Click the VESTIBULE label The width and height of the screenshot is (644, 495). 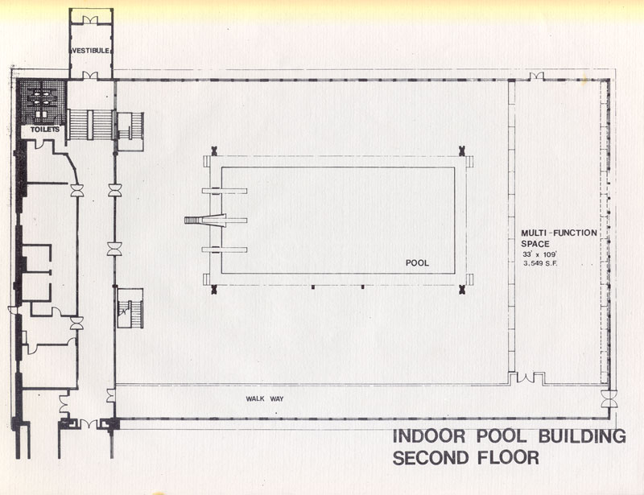click(91, 51)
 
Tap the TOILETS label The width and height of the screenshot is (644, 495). click(45, 130)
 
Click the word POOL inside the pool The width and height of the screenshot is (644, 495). click(417, 263)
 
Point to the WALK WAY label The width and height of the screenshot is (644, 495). click(265, 399)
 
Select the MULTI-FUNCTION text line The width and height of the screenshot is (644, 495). click(559, 233)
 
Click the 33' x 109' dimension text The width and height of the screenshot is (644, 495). click(539, 254)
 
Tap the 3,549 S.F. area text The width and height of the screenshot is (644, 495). click(540, 263)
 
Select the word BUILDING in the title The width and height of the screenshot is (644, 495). click(582, 436)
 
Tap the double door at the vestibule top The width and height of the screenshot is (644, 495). click(90, 19)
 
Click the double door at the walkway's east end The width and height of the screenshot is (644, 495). click(609, 399)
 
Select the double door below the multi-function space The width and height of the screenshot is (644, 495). click(526, 378)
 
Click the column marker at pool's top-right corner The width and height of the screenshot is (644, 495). click(461, 150)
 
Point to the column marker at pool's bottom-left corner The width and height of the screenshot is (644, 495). click(213, 290)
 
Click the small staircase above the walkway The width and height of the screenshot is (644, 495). click(130, 308)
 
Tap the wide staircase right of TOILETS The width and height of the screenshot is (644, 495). click(90, 125)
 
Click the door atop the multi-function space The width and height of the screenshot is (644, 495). click(536, 76)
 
